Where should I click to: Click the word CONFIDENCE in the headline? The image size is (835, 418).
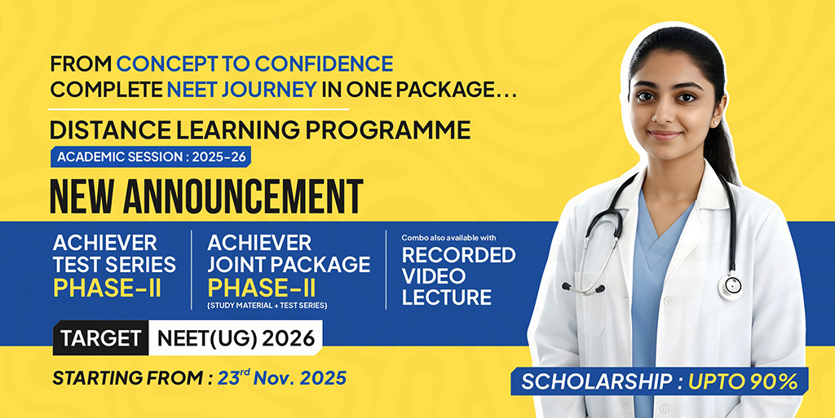click(x=324, y=64)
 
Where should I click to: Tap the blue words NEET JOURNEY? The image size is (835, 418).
click(x=242, y=90)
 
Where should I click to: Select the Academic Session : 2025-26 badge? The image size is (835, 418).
click(x=151, y=157)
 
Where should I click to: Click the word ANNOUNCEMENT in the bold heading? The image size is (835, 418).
click(x=243, y=196)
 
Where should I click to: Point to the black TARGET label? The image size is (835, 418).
click(x=100, y=338)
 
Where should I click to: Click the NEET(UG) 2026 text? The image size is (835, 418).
click(x=236, y=338)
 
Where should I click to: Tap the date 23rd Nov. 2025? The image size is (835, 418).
click(x=281, y=377)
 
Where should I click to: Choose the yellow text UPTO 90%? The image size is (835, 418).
click(x=743, y=381)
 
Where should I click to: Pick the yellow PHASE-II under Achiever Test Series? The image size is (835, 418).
click(x=107, y=288)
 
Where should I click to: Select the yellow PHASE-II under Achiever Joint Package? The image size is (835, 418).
click(x=262, y=288)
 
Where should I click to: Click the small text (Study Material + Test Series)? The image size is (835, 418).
click(x=267, y=306)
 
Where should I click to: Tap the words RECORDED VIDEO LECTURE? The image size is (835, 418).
click(x=458, y=275)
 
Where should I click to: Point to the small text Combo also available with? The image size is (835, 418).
click(x=449, y=238)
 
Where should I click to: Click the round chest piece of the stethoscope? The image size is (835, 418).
click(x=730, y=286)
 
